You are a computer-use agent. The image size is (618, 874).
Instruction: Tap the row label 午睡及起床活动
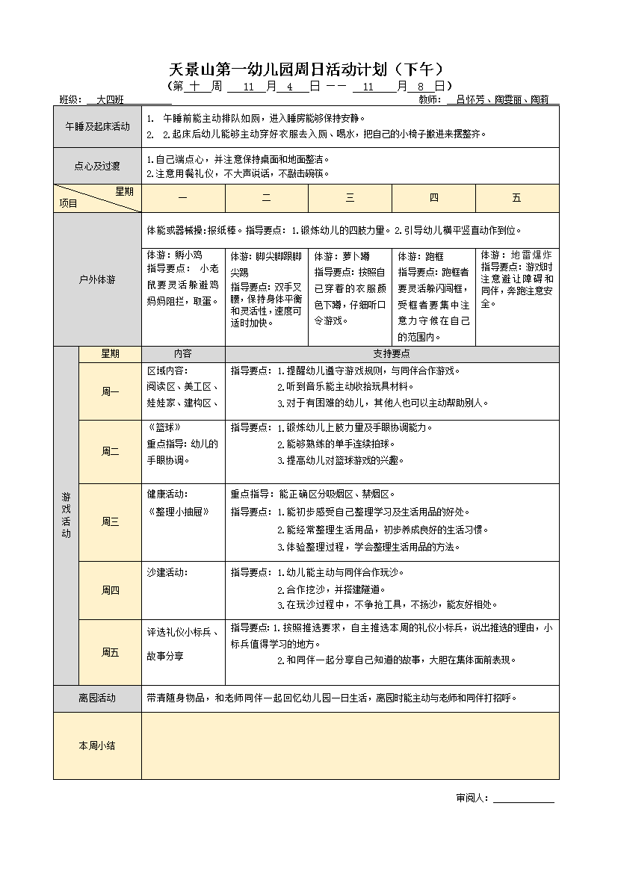[97, 126]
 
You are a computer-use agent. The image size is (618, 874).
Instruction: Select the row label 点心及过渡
[97, 166]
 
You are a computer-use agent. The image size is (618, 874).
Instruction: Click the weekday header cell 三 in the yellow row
[350, 198]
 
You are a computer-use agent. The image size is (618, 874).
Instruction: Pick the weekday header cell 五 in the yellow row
[516, 198]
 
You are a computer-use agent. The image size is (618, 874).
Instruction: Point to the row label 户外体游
[97, 280]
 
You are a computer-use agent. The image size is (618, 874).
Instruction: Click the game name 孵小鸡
[190, 255]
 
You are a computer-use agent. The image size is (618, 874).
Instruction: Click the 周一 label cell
[110, 392]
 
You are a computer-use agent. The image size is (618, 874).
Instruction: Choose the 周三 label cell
[110, 521]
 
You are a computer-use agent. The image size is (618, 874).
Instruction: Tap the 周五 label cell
[110, 652]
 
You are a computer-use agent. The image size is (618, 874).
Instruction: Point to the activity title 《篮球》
[163, 428]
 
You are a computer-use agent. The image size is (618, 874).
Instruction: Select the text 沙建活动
[167, 572]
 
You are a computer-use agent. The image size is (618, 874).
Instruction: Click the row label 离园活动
[97, 698]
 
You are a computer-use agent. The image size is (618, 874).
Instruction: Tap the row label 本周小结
[97, 746]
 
